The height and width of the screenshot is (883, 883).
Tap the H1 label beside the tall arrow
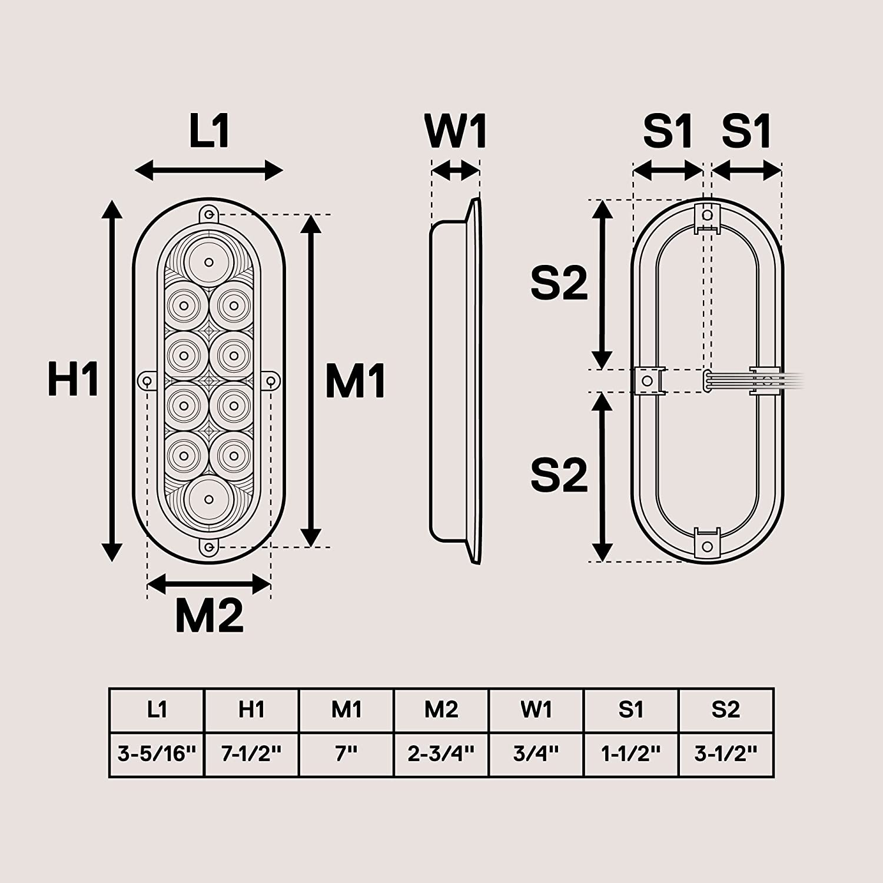74,380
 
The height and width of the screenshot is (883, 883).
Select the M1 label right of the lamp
356,381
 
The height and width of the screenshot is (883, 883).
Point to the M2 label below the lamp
209,616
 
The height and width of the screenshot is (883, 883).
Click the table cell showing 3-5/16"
157,754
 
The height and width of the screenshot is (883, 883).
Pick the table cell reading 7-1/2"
251,754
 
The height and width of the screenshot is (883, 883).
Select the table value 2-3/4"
441,754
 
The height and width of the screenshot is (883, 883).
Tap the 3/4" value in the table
536,754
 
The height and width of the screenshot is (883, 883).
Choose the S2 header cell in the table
725,710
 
